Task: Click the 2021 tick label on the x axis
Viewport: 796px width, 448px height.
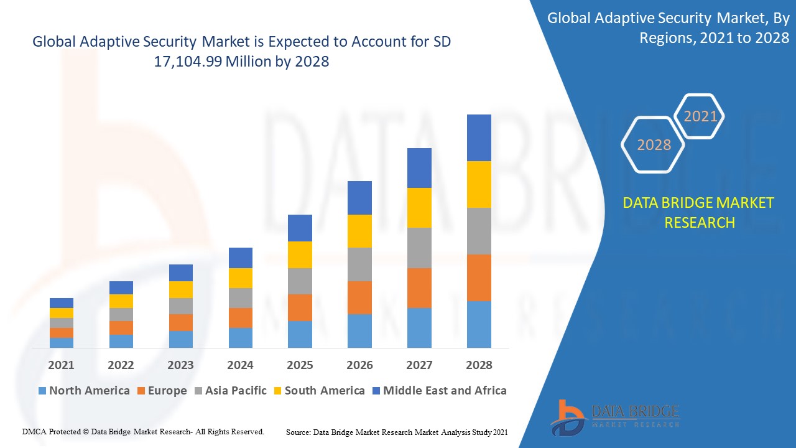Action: pyautogui.click(x=61, y=365)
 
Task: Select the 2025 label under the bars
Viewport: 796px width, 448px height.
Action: pyautogui.click(x=300, y=365)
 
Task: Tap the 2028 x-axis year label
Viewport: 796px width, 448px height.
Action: pyautogui.click(x=479, y=365)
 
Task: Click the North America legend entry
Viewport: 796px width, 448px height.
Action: pyautogui.click(x=84, y=391)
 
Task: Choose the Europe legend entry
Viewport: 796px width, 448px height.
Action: pyautogui.click(x=161, y=391)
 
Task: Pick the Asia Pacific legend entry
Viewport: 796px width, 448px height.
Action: pyautogui.click(x=230, y=391)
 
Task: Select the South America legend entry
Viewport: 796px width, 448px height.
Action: pyautogui.click(x=318, y=391)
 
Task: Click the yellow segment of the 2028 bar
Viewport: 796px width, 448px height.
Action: pyautogui.click(x=479, y=184)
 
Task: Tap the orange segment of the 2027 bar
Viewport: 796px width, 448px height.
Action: pyautogui.click(x=419, y=287)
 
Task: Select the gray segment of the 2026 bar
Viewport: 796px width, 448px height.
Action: pyautogui.click(x=359, y=264)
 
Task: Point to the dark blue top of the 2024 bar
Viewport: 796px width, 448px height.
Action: pyautogui.click(x=240, y=258)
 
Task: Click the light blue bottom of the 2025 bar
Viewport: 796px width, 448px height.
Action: pyautogui.click(x=300, y=334)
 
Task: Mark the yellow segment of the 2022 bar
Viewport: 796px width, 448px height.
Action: pyautogui.click(x=121, y=301)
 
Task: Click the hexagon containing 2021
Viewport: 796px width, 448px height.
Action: pyautogui.click(x=700, y=116)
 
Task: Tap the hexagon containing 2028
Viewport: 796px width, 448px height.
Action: pyautogui.click(x=654, y=144)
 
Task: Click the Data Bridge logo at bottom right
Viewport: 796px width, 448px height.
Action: pyautogui.click(x=614, y=416)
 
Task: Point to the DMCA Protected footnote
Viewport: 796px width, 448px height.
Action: pyautogui.click(x=143, y=431)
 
